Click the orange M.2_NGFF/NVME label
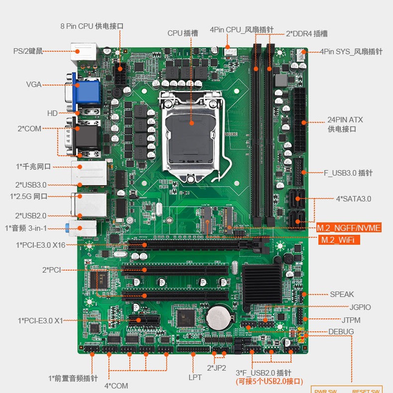pyautogui.click(x=349, y=228)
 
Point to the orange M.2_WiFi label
pyautogui.click(x=338, y=240)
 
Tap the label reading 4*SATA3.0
pyautogui.click(x=353, y=198)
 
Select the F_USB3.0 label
pyautogui.click(x=348, y=173)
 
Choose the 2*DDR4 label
pyautogui.click(x=306, y=34)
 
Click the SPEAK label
pyautogui.click(x=342, y=295)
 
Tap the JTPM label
pyautogui.click(x=351, y=320)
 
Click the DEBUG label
pyautogui.click(x=341, y=332)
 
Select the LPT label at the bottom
pyautogui.click(x=195, y=377)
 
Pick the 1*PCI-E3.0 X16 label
pyautogui.click(x=40, y=245)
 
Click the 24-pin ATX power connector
pyautogui.click(x=299, y=120)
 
